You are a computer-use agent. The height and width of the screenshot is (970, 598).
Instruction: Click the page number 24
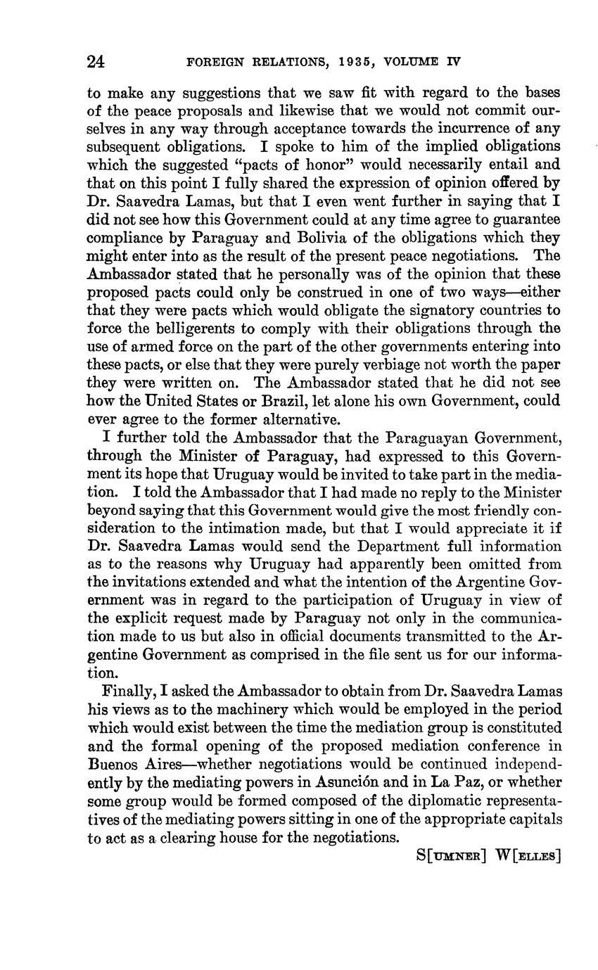96,62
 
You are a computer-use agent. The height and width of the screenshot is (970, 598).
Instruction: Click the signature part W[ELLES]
528,856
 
